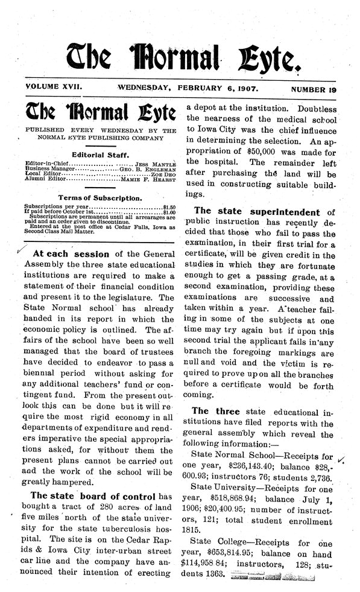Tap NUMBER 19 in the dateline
point(314,89)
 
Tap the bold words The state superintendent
point(258,212)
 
